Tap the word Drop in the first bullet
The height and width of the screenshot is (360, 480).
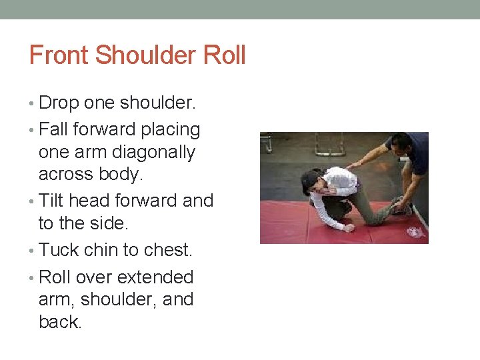[59, 103]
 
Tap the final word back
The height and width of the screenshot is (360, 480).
[60, 321]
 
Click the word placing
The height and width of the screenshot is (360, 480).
[169, 128]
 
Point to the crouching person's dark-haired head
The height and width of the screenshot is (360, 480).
[311, 181]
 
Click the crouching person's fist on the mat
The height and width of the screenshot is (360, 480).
[349, 228]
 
